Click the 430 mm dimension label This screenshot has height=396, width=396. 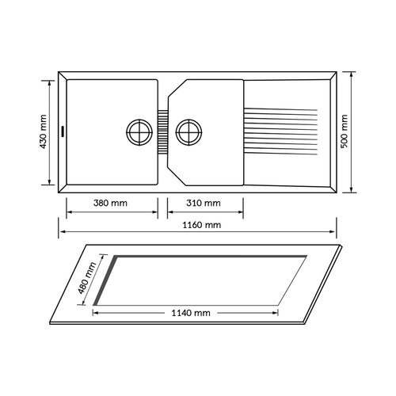[44, 131]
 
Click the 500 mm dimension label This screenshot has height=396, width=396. [345, 131]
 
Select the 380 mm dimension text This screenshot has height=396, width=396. [110, 203]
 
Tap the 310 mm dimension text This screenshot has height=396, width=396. [204, 203]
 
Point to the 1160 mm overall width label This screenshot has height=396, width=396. [202, 225]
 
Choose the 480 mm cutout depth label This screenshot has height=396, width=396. [87, 278]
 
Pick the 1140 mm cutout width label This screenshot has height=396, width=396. [191, 313]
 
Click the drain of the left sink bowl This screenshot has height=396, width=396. [139, 132]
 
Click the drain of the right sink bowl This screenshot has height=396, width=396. [189, 132]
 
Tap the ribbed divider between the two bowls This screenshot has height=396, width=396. [163, 131]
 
